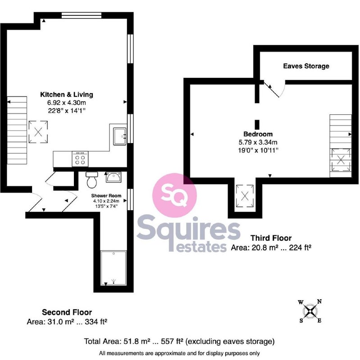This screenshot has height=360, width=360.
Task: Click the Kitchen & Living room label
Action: click(67, 94)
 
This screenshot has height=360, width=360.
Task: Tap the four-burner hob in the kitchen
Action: click(80, 159)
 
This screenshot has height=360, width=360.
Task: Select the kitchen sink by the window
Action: click(119, 136)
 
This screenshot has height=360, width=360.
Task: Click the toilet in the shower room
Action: click(92, 180)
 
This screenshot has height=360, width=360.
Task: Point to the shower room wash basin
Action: click(114, 177)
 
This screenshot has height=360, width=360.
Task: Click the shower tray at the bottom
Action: click(114, 268)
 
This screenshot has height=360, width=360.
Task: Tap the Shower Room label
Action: click(106, 196)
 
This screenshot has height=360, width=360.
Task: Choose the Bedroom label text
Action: click(258, 134)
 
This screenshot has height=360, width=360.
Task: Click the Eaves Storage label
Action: click(306, 66)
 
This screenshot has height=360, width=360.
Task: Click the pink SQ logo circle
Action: click(174, 195)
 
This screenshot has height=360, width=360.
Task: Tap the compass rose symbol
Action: click(310, 311)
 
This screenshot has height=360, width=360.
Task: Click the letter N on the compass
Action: click(319, 301)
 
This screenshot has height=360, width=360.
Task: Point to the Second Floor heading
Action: click(67, 312)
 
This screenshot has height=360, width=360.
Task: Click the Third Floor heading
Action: click(271, 238)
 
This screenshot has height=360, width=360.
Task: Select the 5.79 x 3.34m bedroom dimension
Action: click(258, 142)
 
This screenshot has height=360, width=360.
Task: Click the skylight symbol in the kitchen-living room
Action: click(38, 132)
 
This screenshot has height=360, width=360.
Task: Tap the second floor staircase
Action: click(17, 130)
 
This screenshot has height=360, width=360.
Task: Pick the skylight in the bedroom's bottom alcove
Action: click(245, 196)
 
